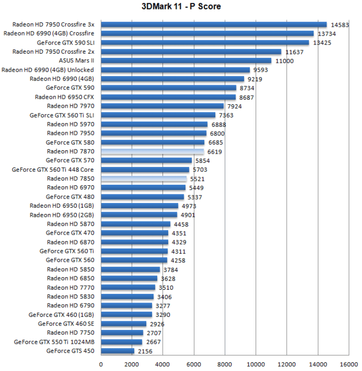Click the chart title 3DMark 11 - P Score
181,7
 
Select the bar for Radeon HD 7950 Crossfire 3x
213,24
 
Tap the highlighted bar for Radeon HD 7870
152,152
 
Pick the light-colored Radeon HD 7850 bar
144,179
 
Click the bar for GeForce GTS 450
117,351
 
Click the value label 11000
284,61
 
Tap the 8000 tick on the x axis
224,364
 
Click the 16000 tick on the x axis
348,364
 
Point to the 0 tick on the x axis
101,364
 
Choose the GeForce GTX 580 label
70,142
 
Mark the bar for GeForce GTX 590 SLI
205,43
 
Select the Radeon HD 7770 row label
70,287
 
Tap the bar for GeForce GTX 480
142,197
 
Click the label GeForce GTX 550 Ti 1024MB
54,342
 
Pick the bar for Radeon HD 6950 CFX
168,97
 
